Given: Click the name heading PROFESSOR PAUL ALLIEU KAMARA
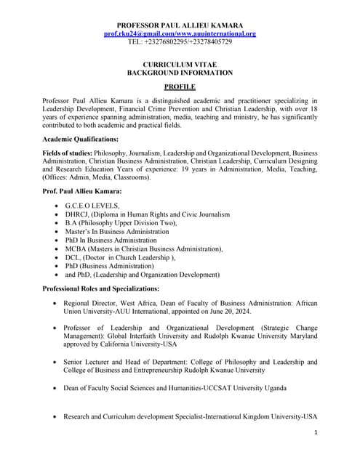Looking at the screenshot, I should tap(180, 25).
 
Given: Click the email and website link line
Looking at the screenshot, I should tap(180, 33).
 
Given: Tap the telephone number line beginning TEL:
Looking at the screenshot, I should tap(180, 42).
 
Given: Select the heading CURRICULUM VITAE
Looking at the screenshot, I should tap(180, 65).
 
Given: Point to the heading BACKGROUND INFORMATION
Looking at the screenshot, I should tap(180, 73).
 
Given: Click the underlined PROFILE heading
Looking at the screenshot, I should tap(180, 86).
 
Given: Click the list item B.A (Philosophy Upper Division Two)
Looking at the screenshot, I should tap(121, 223).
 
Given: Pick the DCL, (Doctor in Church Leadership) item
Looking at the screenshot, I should tap(119, 257).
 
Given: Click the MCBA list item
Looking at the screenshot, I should tap(144, 248).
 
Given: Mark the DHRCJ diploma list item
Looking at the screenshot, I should tap(147, 214).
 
